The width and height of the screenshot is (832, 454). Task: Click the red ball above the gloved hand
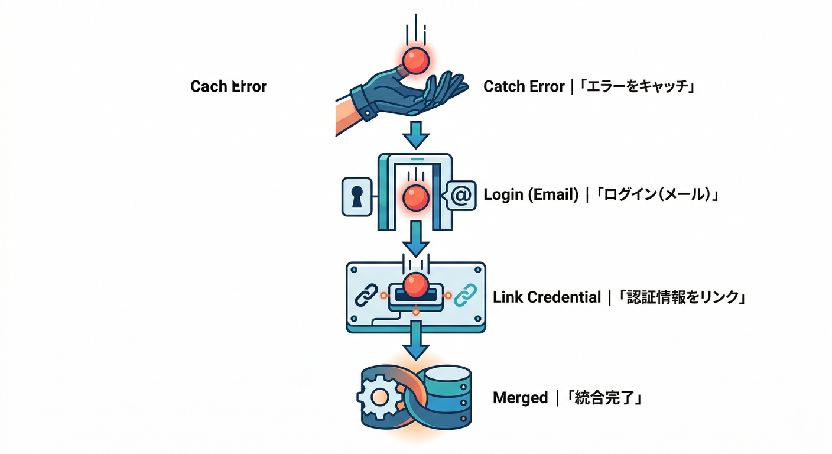[x=415, y=60]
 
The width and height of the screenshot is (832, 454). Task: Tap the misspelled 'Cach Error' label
[x=229, y=86]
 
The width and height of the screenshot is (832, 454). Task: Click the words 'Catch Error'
[x=524, y=86]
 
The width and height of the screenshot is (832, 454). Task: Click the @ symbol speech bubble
[x=460, y=195]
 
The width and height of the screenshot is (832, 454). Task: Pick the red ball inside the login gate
[x=415, y=197]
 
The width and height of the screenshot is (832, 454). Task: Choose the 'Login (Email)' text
[x=531, y=194]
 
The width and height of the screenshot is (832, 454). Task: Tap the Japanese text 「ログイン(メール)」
[x=656, y=194]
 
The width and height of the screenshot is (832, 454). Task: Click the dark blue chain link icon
[x=366, y=294]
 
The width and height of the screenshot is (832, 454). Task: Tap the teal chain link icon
[x=464, y=294]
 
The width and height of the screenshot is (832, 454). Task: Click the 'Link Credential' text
[x=547, y=297]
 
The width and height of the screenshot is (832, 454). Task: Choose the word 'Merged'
[x=520, y=398]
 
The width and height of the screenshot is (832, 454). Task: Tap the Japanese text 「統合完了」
[x=604, y=398]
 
